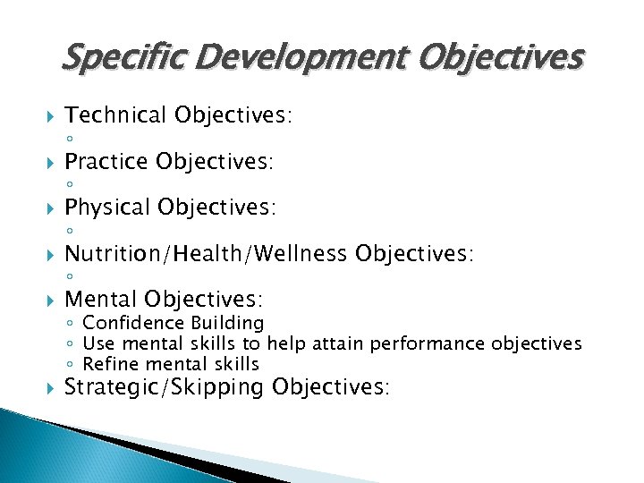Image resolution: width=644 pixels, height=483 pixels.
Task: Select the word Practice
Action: click(106, 161)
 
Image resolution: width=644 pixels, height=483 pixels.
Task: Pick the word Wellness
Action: click(302, 254)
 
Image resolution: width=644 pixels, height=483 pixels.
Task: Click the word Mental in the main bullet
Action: click(101, 299)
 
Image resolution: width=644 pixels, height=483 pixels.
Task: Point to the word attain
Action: click(338, 343)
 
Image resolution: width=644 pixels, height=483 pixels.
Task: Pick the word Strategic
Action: click(111, 387)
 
